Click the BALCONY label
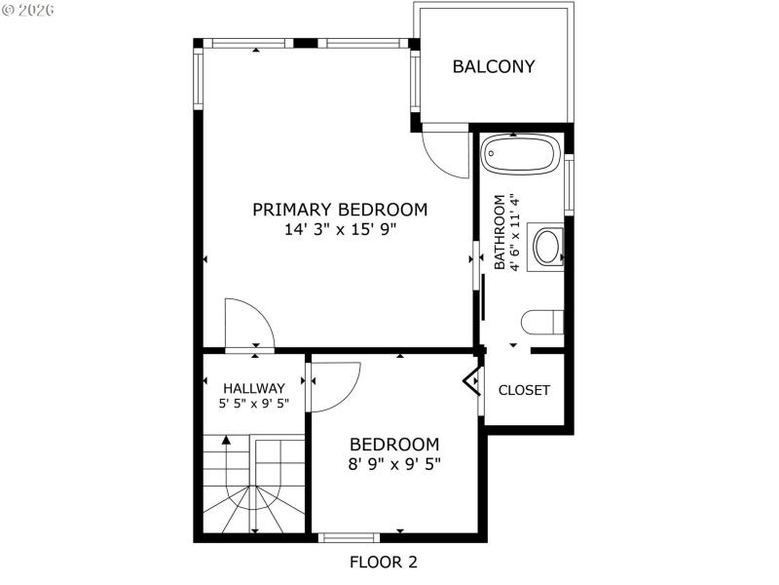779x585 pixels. pos(494,66)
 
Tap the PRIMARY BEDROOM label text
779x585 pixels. pos(340,209)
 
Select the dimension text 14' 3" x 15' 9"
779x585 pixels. pos(340,230)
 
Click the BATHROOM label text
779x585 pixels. pos(500,233)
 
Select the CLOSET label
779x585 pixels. pos(524,390)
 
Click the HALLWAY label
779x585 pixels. pos(253,387)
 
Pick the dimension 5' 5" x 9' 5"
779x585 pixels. pos(253,403)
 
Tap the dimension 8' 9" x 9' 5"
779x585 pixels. pos(394,464)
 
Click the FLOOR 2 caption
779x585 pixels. pos(384,562)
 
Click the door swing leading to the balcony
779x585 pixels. pos(446,154)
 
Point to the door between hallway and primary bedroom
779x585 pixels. pos(249,326)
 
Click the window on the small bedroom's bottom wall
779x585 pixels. pos(349,536)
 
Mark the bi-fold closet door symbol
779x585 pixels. pos(473,380)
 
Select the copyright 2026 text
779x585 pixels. pos(28,10)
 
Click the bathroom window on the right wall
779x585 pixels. pos(569,184)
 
